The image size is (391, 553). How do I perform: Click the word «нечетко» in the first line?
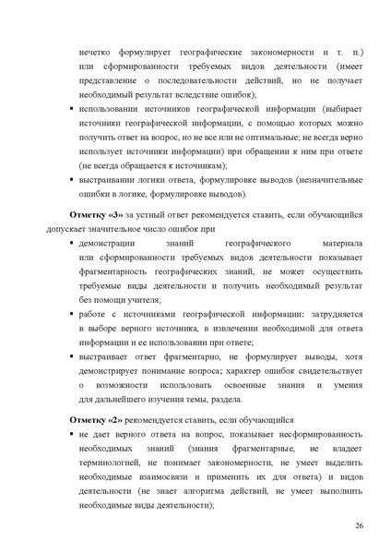[100, 43]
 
